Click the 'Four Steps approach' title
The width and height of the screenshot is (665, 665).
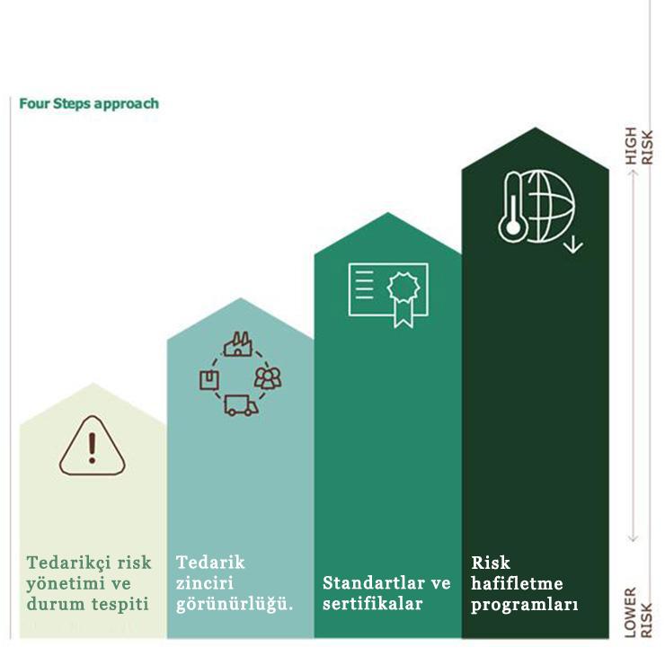tap(89, 103)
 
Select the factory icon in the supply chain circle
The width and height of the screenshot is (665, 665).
tap(238, 344)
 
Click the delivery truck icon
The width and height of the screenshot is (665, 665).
tap(240, 406)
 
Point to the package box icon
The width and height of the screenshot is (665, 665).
tap(209, 379)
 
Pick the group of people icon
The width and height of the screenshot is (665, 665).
tap(268, 377)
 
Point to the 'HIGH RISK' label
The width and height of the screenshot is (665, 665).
tap(639, 146)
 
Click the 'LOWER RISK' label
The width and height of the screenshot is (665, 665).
tap(639, 612)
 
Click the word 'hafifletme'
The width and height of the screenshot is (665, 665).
tap(517, 584)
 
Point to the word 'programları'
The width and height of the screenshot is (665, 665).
tap(525, 605)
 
